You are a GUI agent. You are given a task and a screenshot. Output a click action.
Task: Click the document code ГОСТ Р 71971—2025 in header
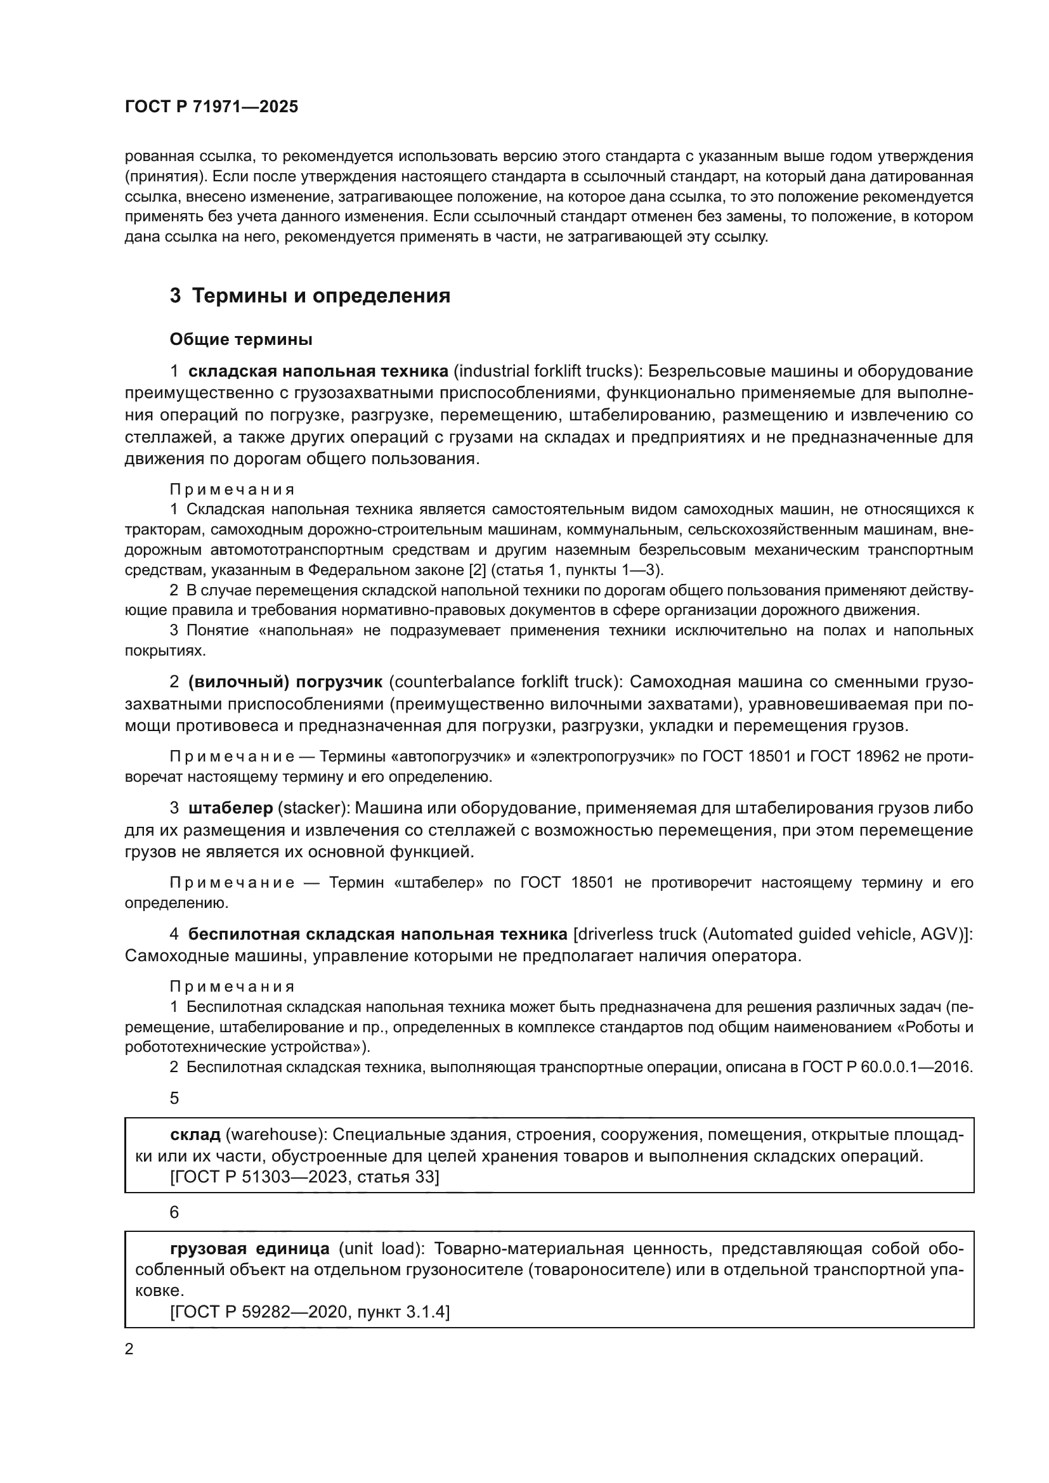(x=211, y=107)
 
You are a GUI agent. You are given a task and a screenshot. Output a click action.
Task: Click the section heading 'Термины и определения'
(x=321, y=296)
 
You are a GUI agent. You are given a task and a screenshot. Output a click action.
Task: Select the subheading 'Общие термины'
(x=241, y=339)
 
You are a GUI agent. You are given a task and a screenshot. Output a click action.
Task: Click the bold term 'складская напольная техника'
(x=318, y=372)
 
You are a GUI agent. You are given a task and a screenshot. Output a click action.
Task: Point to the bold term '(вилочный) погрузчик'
(x=285, y=682)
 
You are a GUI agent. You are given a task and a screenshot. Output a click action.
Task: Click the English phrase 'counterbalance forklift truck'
(x=503, y=682)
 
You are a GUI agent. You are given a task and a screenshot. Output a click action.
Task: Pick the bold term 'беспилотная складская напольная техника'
(x=378, y=934)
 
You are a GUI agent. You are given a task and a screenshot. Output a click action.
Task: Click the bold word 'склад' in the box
(x=195, y=1134)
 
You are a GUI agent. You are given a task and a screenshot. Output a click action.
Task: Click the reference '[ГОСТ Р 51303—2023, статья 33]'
(x=304, y=1177)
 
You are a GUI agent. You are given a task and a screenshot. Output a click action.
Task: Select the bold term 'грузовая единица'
(x=250, y=1248)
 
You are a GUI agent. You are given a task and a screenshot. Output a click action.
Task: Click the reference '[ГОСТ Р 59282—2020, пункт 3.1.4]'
(x=310, y=1312)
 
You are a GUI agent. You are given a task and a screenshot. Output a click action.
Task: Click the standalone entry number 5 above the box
(x=174, y=1098)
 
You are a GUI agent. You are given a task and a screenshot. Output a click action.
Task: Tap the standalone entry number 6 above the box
(x=174, y=1212)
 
